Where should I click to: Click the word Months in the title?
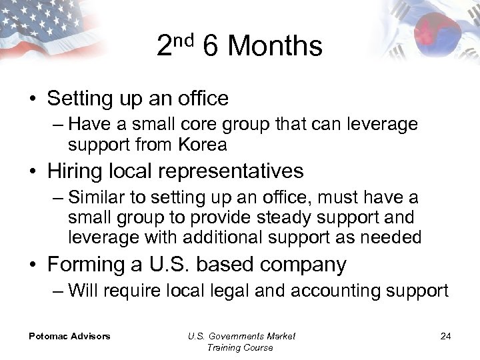[275, 46]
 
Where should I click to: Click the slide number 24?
[445, 336]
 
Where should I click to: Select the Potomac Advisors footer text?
[69, 336]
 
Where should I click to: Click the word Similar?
[101, 197]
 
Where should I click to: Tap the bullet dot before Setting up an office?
[33, 99]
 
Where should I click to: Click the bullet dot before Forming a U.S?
[33, 265]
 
